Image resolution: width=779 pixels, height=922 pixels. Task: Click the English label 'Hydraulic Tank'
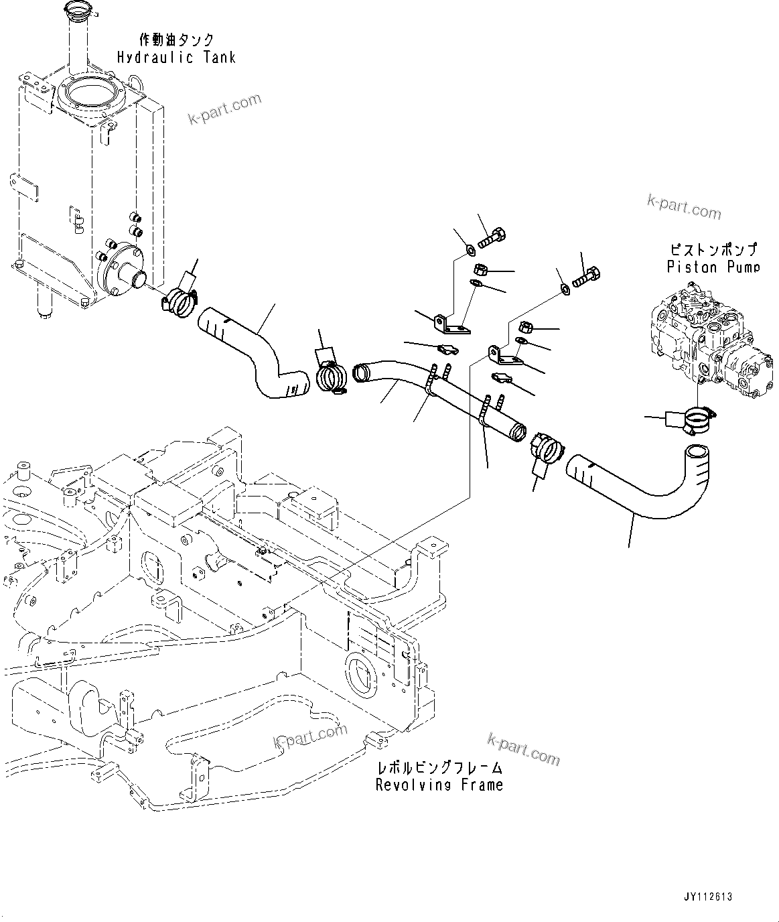tap(176, 58)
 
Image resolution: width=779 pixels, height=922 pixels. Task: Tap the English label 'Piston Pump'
tap(713, 267)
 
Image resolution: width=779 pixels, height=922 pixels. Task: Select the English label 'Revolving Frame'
tap(439, 785)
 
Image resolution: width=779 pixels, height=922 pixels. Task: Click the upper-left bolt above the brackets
tap(493, 237)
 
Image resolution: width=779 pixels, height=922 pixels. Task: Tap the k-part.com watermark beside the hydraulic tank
tap(224, 110)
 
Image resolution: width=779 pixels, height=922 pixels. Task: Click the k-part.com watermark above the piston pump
tap(684, 207)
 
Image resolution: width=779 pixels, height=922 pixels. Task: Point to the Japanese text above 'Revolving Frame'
tap(439, 768)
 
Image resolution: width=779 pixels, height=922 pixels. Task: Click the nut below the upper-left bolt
tap(480, 269)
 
